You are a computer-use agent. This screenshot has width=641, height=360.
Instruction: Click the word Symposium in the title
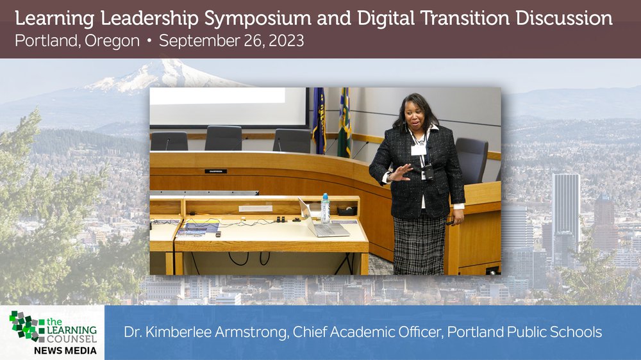pyautogui.click(x=258, y=19)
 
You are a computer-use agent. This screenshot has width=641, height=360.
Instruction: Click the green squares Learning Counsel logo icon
pyautogui.click(x=27, y=325)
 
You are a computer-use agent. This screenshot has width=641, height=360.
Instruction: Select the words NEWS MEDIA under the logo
pyautogui.click(x=65, y=350)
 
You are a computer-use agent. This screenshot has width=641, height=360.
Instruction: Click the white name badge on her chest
pyautogui.click(x=419, y=151)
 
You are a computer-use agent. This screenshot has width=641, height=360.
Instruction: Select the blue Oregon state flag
pyautogui.click(x=319, y=120)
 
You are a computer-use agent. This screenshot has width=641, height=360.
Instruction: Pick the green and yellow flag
pyautogui.click(x=344, y=122)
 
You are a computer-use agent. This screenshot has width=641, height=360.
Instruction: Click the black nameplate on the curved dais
pyautogui.click(x=216, y=171)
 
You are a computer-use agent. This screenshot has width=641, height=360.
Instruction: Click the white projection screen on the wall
pyautogui.click(x=229, y=106)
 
